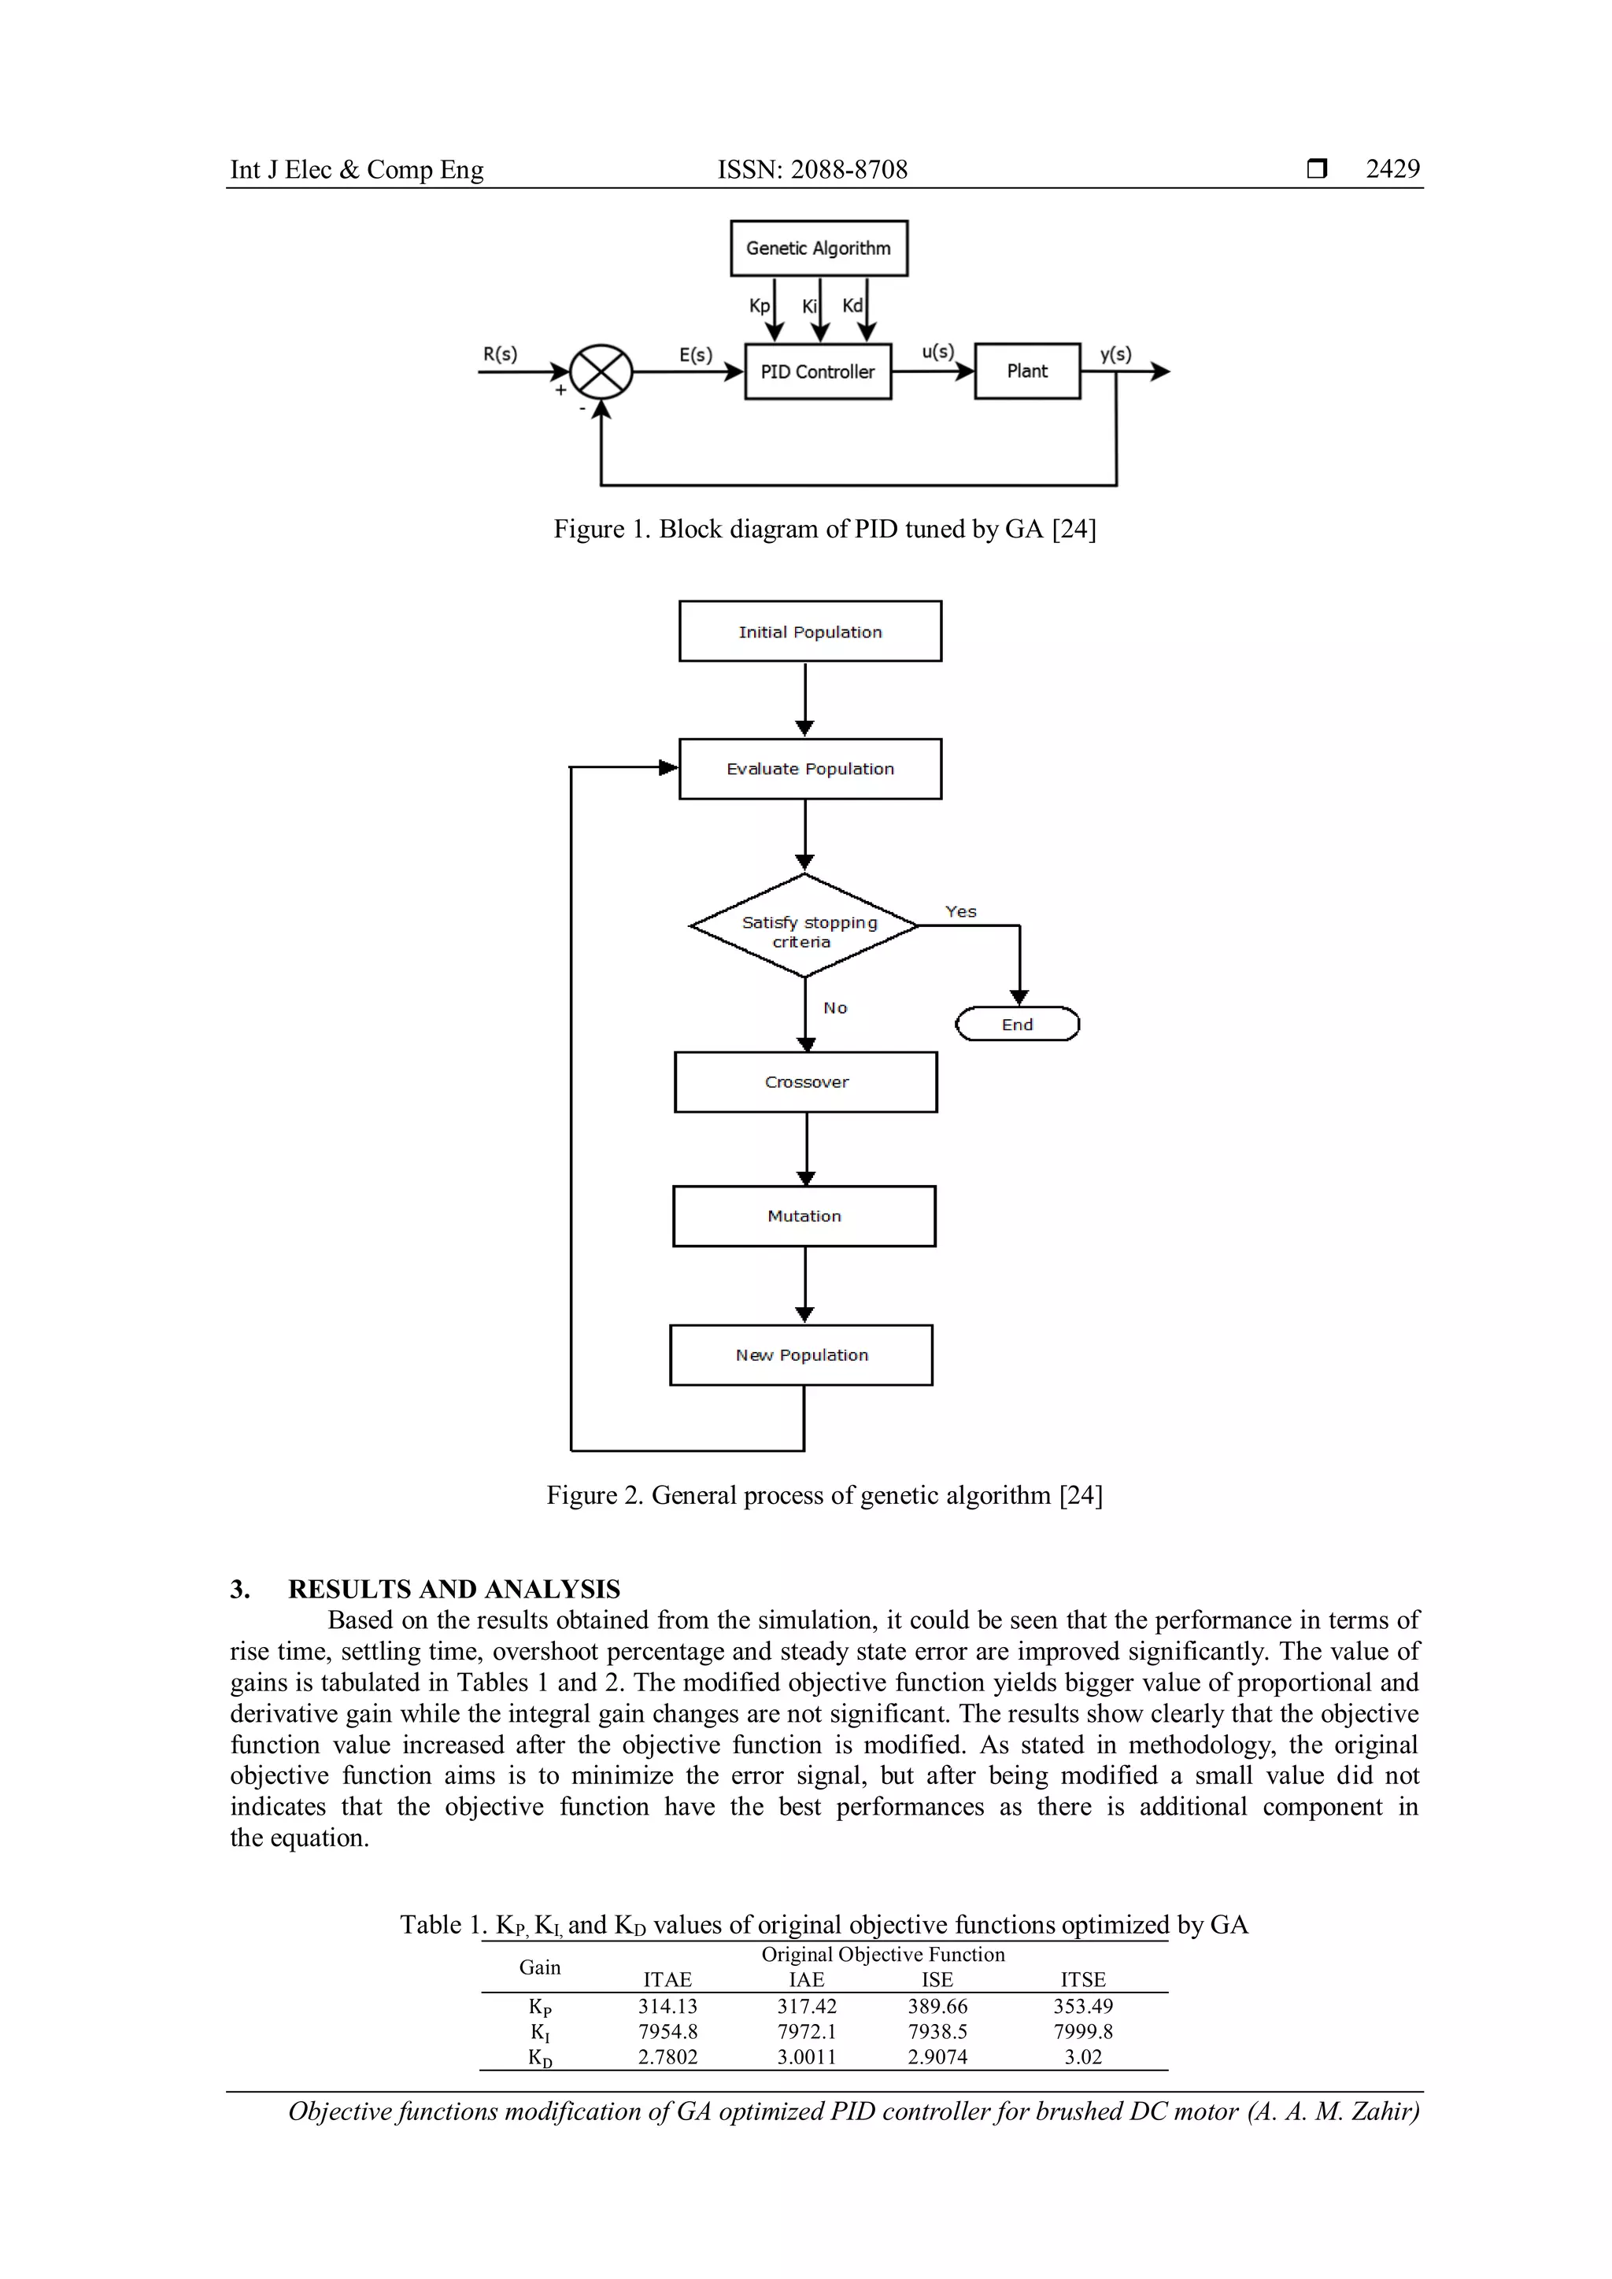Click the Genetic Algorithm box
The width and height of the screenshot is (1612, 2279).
tap(819, 248)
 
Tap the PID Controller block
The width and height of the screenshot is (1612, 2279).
tap(818, 371)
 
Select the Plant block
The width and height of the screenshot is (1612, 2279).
tap(1027, 371)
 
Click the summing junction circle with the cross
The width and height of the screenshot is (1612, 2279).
tap(601, 372)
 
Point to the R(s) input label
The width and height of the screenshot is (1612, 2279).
tap(501, 354)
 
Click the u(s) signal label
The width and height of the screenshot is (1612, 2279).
tap(938, 352)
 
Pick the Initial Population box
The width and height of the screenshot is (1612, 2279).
tap(810, 631)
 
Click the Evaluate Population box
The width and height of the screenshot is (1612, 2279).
tap(810, 768)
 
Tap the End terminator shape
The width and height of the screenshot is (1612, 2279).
tap(1018, 1025)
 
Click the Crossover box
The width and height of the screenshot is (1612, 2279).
tap(806, 1082)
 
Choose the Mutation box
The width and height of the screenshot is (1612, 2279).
tap(804, 1216)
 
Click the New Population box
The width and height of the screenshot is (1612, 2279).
tap(802, 1355)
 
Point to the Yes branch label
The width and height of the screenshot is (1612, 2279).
tap(961, 911)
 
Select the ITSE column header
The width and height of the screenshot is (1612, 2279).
tap(1083, 1979)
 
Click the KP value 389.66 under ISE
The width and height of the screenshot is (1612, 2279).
tap(937, 2006)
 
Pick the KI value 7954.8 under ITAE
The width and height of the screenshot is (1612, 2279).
tap(668, 2032)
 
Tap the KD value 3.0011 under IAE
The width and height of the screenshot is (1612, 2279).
tap(806, 2056)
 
